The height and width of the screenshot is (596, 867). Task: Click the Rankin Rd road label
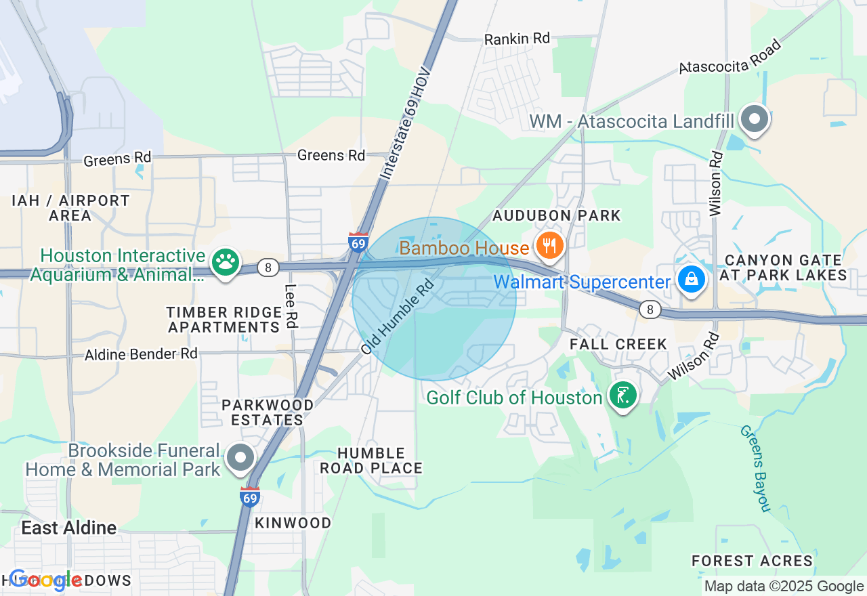coord(517,39)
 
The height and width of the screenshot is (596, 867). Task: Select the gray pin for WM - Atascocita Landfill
coord(753,120)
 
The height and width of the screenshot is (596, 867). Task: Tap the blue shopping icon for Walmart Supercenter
coord(692,279)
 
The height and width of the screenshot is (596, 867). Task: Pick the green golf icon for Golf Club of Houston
coord(622,395)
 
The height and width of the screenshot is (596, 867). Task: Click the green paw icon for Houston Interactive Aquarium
coord(225,262)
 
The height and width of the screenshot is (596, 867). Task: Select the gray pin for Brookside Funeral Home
coord(240,458)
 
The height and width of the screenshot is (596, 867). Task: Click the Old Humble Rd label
coord(397,318)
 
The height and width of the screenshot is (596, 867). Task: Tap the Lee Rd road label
coord(291,306)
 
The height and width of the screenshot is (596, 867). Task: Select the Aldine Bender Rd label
coord(141,354)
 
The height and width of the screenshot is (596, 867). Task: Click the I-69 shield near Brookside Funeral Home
coord(250,498)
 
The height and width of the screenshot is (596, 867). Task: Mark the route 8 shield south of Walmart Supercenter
coord(650,310)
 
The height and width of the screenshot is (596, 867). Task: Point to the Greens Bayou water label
coord(755,468)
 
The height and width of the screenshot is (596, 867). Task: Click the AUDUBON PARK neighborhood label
coord(556,215)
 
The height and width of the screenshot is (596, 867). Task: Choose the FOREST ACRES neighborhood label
coord(752,561)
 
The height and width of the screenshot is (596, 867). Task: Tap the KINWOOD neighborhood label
coord(293,523)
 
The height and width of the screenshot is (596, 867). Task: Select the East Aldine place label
coord(69,528)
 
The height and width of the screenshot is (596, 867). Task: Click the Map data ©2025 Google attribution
coord(784,587)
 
